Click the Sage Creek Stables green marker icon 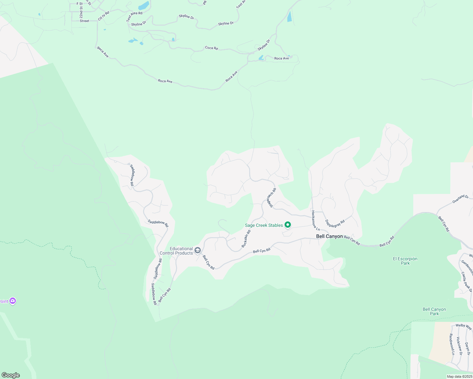click(288, 225)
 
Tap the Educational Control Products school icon click(198, 250)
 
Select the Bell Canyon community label click(329, 236)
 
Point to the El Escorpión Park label click(405, 261)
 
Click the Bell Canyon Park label click(434, 311)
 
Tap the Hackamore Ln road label click(316, 220)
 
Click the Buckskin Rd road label click(246, 238)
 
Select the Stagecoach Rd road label click(272, 198)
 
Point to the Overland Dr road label click(460, 199)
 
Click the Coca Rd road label click(211, 48)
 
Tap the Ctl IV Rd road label click(103, 16)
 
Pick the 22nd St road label click(81, 12)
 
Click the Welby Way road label click(464, 327)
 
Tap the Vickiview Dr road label click(459, 346)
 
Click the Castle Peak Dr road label click(466, 281)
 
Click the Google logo click(11, 375)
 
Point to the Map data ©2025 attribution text click(459, 376)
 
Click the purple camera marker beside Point click(13, 301)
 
